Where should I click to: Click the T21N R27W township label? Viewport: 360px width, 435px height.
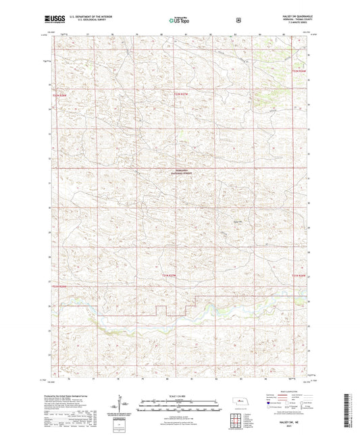click(169, 276)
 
